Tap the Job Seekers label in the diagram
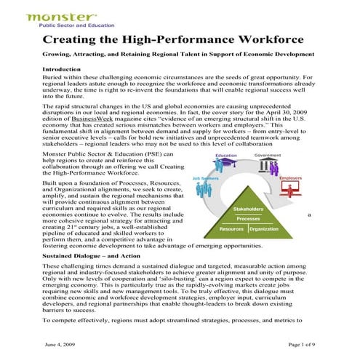coord(206,178)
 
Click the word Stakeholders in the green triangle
coord(248,209)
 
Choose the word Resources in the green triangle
coord(232,229)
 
